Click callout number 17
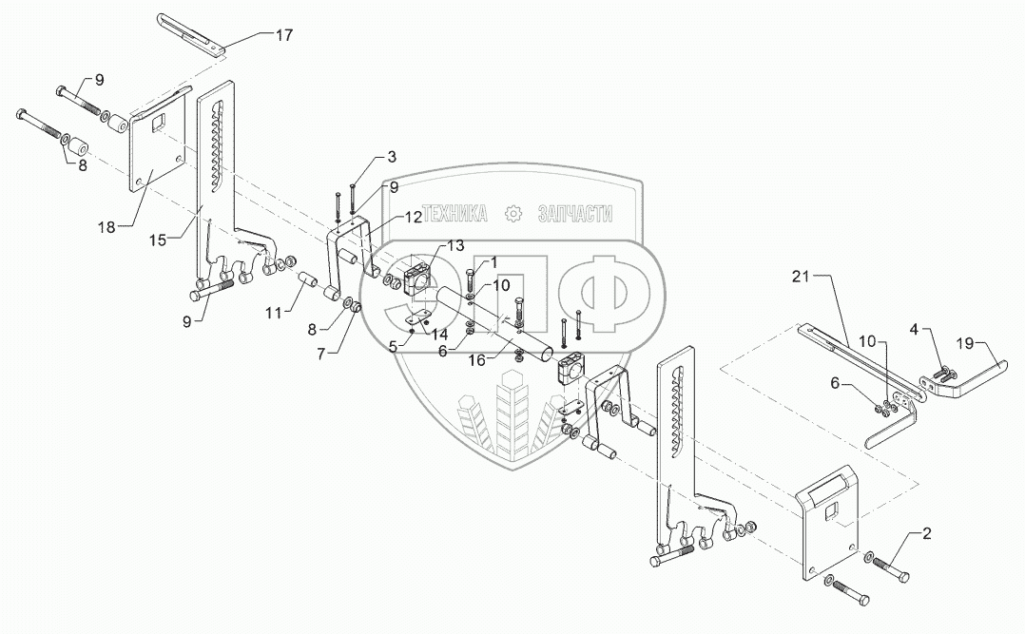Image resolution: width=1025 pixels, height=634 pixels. (x=284, y=34)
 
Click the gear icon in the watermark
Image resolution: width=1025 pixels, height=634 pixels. (x=513, y=214)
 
